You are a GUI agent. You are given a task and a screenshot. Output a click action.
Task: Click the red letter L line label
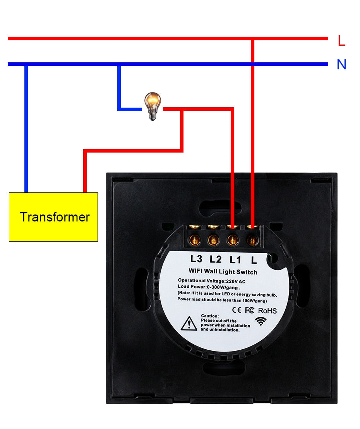point(341,40)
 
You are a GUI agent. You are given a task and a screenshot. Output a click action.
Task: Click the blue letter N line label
point(341,64)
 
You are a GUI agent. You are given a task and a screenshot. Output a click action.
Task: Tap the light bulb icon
point(153,106)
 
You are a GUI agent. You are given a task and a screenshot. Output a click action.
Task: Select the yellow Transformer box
point(53,217)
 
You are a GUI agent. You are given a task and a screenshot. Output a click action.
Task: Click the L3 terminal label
point(196,259)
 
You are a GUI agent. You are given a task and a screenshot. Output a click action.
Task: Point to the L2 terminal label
point(215,259)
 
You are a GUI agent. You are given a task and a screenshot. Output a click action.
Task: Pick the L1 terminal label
point(235,259)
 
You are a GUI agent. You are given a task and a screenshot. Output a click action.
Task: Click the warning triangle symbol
point(189,323)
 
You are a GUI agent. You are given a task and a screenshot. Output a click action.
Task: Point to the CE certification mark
point(237,310)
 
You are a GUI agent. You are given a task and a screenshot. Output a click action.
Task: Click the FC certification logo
point(250,310)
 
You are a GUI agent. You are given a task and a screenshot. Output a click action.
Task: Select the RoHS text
point(267,311)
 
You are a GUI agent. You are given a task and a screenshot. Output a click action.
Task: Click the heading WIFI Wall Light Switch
point(223,272)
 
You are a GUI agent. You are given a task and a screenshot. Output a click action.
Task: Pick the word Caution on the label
point(210,316)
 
